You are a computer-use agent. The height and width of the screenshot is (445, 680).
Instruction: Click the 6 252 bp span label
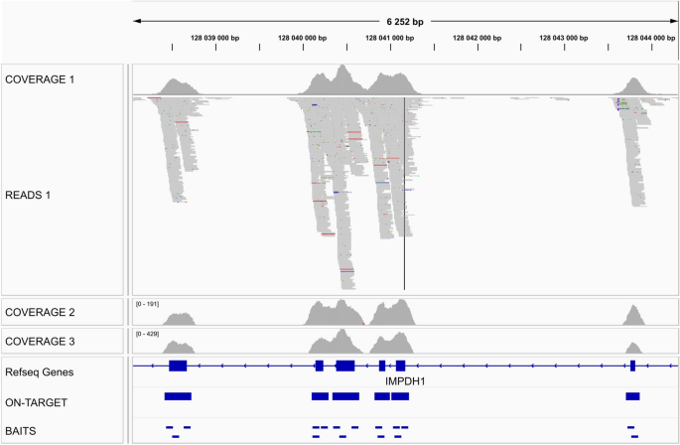coord(405,20)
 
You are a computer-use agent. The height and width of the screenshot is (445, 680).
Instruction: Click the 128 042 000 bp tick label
coord(470,38)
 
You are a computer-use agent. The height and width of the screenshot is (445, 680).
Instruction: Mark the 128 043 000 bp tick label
coord(557,38)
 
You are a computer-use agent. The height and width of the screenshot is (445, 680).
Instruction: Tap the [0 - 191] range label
coord(147,303)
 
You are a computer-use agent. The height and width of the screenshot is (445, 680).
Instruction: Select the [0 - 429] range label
coord(147,334)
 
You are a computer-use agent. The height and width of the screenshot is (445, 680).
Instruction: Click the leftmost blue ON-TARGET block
coord(178,396)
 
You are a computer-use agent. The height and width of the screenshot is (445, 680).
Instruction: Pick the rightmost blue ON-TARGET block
coord(633,396)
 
